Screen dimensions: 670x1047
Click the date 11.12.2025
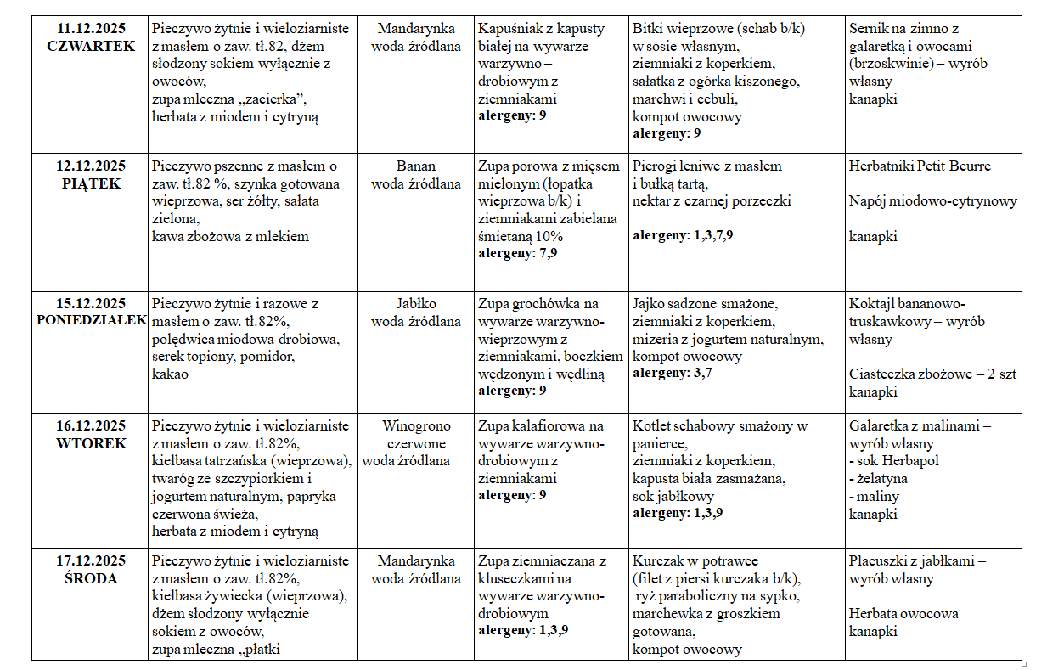pos(91,29)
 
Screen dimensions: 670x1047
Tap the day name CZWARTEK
pos(91,47)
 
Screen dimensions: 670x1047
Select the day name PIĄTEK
pos(91,183)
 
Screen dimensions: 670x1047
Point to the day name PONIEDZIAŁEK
pos(92,321)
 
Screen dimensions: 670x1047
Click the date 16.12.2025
pos(91,426)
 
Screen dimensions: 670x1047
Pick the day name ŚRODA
pos(91,578)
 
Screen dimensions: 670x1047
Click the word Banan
pos(416,166)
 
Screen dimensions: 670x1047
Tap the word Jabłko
pos(416,304)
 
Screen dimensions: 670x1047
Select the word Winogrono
pos(416,426)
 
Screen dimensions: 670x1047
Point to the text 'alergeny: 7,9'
pos(518,252)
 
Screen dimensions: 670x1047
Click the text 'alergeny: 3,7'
pos(672,373)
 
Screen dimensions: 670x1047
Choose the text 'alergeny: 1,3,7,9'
pos(683,235)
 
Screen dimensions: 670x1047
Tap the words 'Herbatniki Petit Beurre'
pos(920,166)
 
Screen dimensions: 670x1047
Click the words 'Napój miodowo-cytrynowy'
pos(932,201)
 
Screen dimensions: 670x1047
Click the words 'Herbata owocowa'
pos(903,614)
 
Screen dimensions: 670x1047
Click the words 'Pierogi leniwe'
pos(677,166)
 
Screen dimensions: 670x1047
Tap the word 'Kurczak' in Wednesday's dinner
pos(661,561)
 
